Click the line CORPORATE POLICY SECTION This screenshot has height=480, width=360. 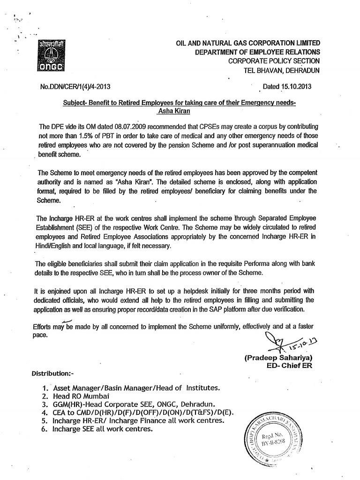(274, 61)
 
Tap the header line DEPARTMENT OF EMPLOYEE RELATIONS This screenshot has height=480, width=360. (257, 52)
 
